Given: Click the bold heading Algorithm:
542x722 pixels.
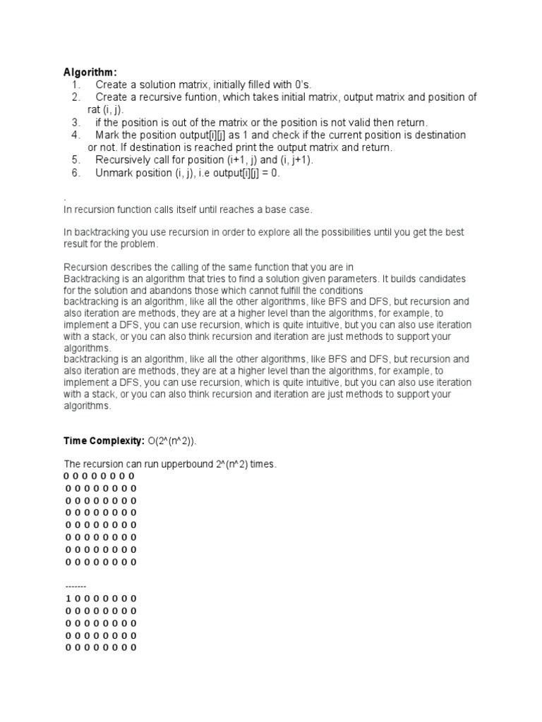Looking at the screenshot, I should coord(91,72).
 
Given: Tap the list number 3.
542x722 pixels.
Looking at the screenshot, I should coord(76,122).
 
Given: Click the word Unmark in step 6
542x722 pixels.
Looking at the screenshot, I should coord(113,173).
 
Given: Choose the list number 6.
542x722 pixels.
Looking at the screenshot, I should coord(76,173).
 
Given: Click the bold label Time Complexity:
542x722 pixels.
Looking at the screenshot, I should coord(104,441).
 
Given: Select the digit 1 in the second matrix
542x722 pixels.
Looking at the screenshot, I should coord(68,599).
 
